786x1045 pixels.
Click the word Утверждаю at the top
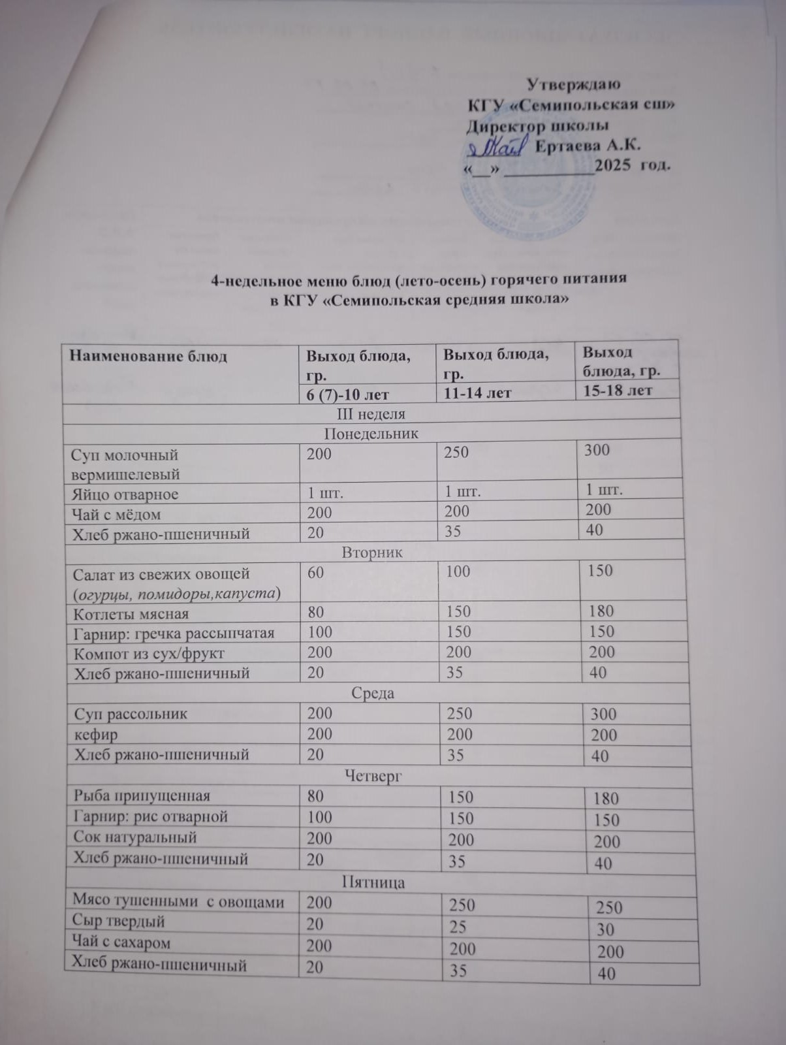tap(573, 84)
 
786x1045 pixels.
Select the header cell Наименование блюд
tap(148, 357)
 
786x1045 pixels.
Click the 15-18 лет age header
tap(617, 391)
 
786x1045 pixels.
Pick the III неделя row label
tap(370, 414)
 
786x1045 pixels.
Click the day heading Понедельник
tap(371, 434)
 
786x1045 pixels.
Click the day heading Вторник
tap(372, 553)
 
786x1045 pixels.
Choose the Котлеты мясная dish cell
tap(131, 613)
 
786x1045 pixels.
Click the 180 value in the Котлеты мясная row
tap(601, 611)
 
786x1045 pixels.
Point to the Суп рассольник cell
tap(131, 714)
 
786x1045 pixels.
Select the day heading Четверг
tap(373, 776)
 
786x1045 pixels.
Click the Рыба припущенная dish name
tap(142, 796)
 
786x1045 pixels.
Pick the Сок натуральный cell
tap(135, 837)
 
